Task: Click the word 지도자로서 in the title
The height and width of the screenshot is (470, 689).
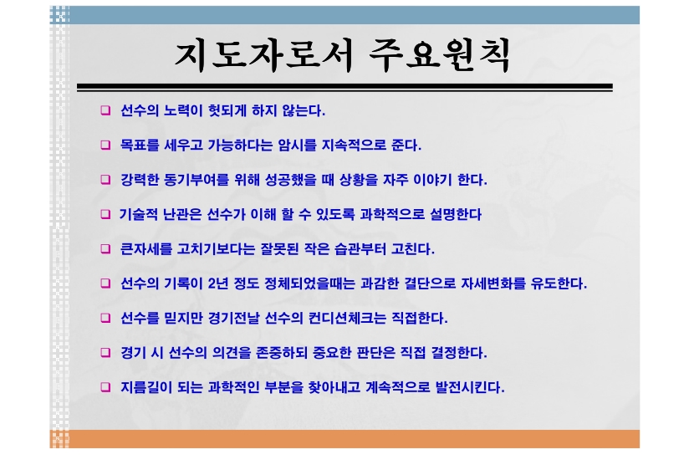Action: click(263, 55)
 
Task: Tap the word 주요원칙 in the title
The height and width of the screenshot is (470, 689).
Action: click(440, 55)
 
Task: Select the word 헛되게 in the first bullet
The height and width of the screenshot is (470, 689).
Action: click(227, 110)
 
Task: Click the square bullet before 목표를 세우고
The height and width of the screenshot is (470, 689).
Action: click(105, 145)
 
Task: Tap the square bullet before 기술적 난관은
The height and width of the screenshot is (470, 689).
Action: click(105, 214)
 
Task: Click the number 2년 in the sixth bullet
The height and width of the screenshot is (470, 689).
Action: click(218, 284)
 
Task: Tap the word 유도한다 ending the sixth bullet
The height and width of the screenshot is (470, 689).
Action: click(559, 284)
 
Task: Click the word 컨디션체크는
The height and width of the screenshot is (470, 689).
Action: click(347, 318)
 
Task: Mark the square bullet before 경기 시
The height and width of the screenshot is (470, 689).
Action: click(105, 352)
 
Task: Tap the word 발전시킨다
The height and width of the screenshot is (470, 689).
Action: click(470, 387)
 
